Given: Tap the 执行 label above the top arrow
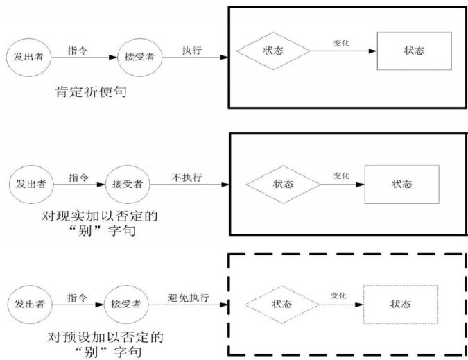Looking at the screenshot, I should click(191, 50).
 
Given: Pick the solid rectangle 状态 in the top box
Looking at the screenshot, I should click(414, 51).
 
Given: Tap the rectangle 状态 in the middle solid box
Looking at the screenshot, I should click(401, 184).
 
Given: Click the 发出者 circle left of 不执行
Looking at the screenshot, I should click(31, 184).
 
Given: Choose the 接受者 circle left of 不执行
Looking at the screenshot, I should click(127, 184).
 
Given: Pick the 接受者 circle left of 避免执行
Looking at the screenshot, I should click(125, 304).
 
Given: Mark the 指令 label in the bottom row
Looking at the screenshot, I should click(77, 297).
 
